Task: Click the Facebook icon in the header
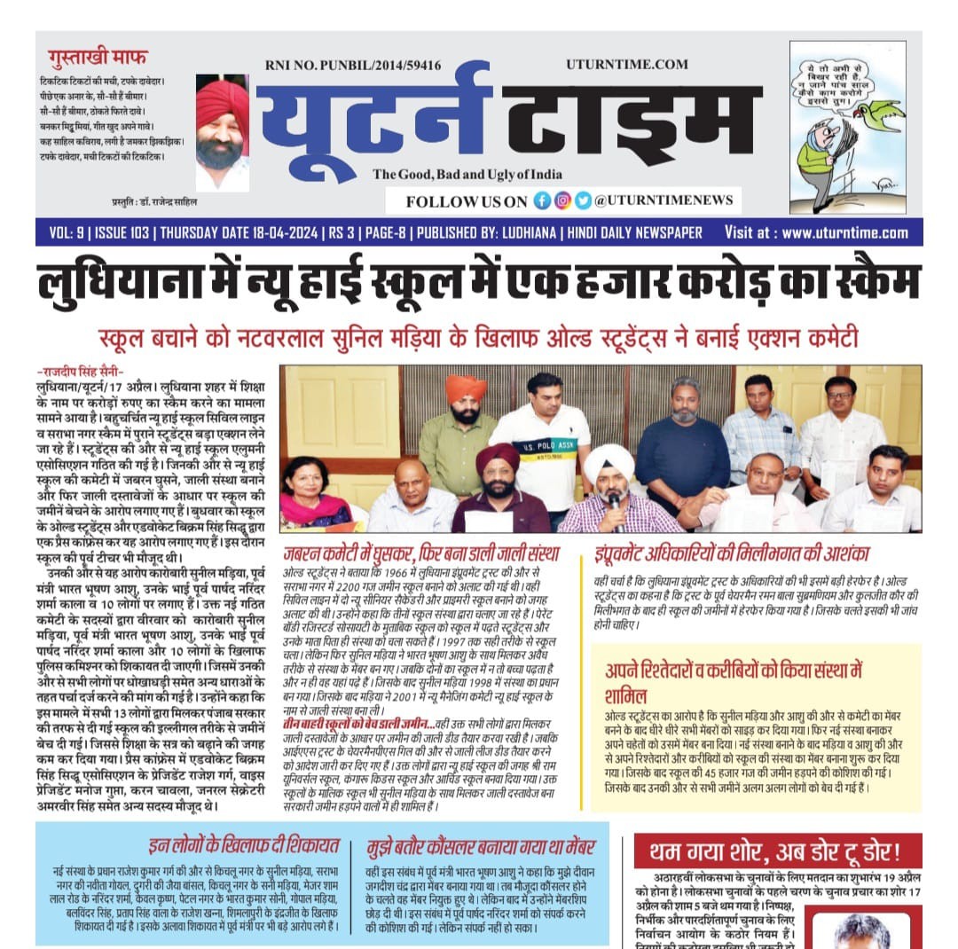(x=542, y=200)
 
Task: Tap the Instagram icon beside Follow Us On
(x=562, y=200)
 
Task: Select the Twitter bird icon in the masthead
(x=583, y=200)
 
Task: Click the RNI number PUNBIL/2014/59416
(x=352, y=65)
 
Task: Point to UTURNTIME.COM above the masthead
(x=627, y=64)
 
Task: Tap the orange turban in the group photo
(x=467, y=388)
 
